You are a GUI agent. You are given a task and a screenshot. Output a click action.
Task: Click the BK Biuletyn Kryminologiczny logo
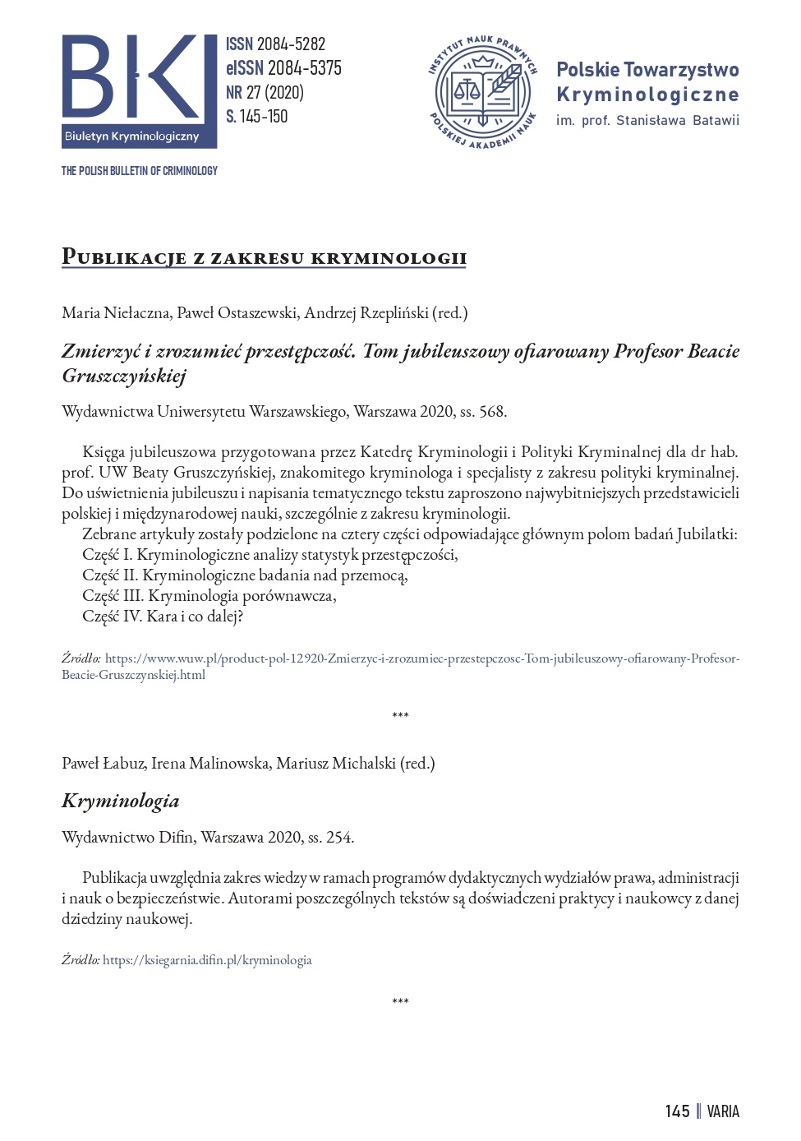[x=139, y=90]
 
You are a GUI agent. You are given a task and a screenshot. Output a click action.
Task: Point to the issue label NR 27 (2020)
[x=265, y=92]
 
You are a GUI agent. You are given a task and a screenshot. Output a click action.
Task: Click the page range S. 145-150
[x=257, y=117]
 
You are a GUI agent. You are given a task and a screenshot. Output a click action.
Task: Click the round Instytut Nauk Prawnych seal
[x=483, y=91]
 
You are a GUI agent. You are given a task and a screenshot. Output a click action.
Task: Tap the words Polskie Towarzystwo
[x=647, y=70]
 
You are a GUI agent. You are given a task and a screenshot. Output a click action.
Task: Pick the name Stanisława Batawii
[x=678, y=121]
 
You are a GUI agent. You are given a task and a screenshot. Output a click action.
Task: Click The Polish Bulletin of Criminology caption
[x=139, y=171]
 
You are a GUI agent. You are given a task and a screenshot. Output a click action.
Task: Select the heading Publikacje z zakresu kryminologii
[x=264, y=257]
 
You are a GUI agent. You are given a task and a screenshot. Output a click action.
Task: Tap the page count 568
[x=491, y=412]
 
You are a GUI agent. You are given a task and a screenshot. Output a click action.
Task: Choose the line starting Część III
[x=209, y=596]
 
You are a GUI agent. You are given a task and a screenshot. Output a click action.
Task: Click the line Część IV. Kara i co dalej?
[x=163, y=617]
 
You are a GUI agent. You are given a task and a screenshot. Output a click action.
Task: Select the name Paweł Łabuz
[x=103, y=764]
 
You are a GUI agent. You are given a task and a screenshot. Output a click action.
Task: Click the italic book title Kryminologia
[x=120, y=801]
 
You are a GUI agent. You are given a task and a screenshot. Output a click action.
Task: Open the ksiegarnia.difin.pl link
[x=207, y=960]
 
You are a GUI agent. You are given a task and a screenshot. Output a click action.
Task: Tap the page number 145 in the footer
[x=677, y=1111]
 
